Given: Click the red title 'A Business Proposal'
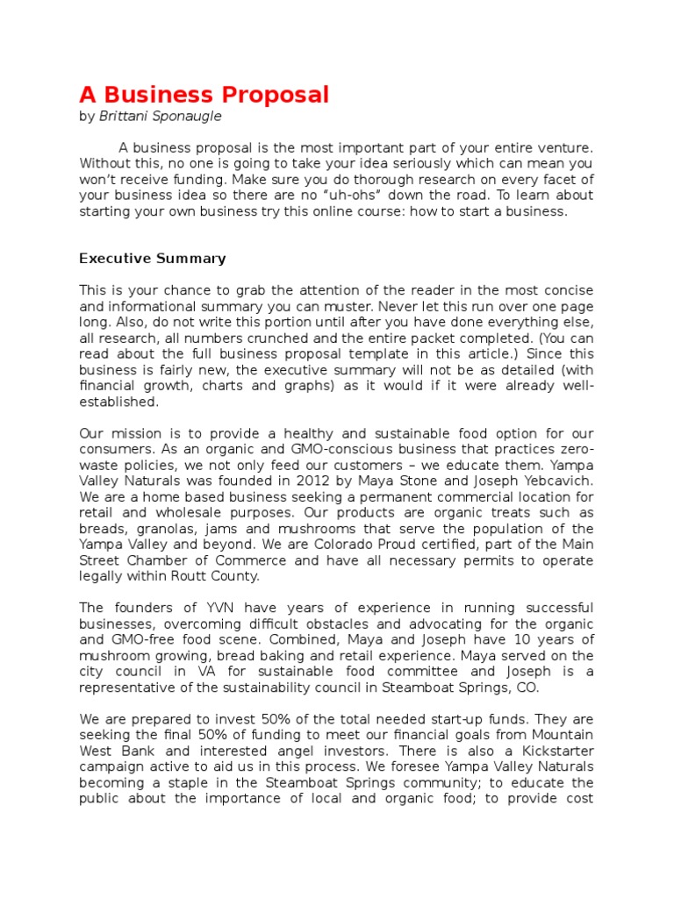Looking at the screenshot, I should pyautogui.click(x=204, y=95).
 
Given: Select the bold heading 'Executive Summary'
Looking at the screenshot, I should pyautogui.click(x=153, y=259).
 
